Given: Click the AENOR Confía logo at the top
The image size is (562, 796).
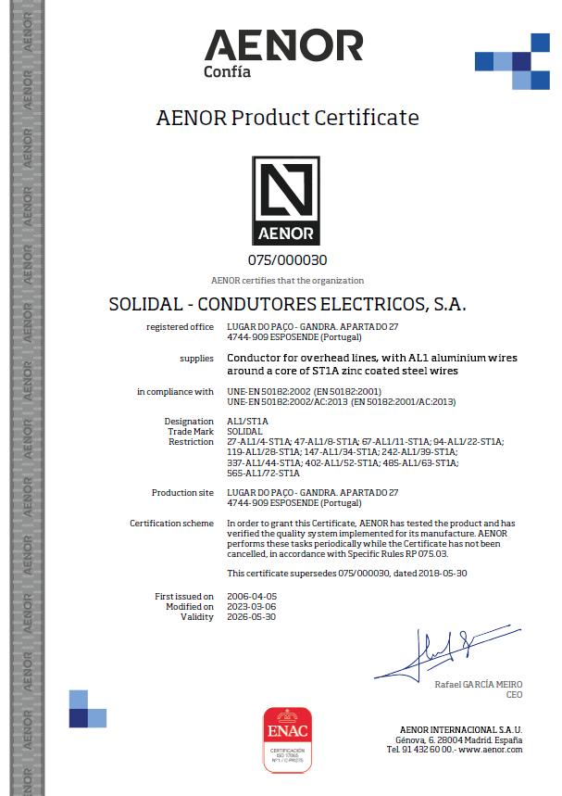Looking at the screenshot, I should tap(282, 52).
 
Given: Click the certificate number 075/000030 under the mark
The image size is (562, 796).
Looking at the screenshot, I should tap(287, 260).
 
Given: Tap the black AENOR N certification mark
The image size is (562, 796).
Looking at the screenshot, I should tap(287, 200).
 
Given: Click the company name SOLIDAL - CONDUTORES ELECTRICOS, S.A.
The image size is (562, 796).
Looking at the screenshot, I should tap(287, 304).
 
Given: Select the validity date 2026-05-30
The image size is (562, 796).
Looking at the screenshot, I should tap(251, 616).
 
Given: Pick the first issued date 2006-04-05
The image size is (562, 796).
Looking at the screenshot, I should tap(251, 596).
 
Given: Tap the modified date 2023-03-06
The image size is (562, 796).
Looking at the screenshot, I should tap(251, 606).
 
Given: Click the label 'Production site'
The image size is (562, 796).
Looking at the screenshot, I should tap(183, 492).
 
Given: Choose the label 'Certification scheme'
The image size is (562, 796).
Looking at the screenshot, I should tap(172, 524).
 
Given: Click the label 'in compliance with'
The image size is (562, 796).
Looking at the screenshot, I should tap(176, 392).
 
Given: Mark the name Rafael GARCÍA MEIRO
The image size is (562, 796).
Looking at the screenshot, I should tap(479, 684).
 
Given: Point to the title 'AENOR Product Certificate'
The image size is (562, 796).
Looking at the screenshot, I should tap(287, 118).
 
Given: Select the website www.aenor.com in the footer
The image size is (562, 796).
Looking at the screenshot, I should tap(491, 749).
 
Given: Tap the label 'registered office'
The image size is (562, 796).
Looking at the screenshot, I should tap(181, 326).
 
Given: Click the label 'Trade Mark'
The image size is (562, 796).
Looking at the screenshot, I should tap(191, 432).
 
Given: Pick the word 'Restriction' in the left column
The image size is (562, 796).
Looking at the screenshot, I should tap(192, 442).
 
